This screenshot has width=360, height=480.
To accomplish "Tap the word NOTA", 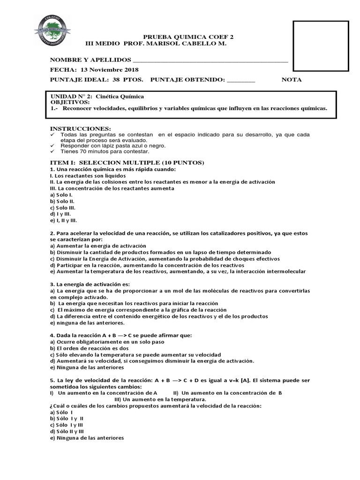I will (x=291, y=80).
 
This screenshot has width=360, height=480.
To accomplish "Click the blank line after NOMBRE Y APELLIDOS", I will (x=210, y=61).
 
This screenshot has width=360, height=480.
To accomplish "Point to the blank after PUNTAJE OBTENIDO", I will (x=241, y=80).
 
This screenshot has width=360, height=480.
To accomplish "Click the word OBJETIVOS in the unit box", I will (x=70, y=102).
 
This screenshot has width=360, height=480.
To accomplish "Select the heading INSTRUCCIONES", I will (x=81, y=128).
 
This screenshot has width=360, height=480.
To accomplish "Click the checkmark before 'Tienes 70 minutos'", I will (x=52, y=152).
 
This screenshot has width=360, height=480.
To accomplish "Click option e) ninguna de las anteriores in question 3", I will (x=87, y=323).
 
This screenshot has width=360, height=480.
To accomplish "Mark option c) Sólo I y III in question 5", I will (x=69, y=425).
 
